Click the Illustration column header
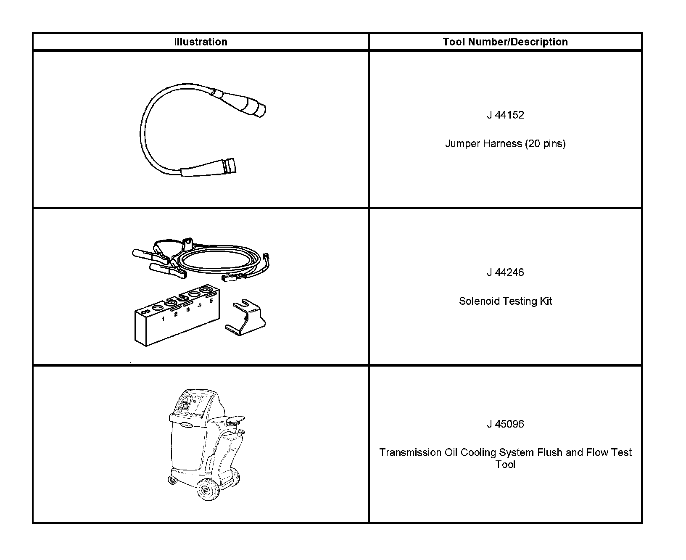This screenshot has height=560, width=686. tap(201, 42)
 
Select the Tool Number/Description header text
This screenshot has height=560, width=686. tap(505, 42)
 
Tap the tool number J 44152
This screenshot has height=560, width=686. tap(505, 115)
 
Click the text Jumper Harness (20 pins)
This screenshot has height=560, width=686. tap(505, 144)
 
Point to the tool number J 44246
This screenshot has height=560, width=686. tap(505, 272)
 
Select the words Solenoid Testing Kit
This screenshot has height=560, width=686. tap(505, 301)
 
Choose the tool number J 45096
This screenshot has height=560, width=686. tap(505, 424)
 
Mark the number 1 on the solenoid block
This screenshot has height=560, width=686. tap(163, 319)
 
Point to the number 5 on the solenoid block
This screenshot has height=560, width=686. tap(211, 301)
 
